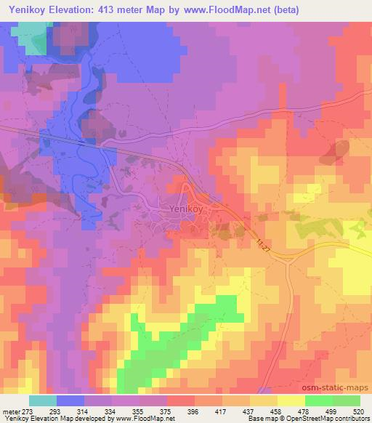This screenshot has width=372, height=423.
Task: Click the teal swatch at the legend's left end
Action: pos(43,400)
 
